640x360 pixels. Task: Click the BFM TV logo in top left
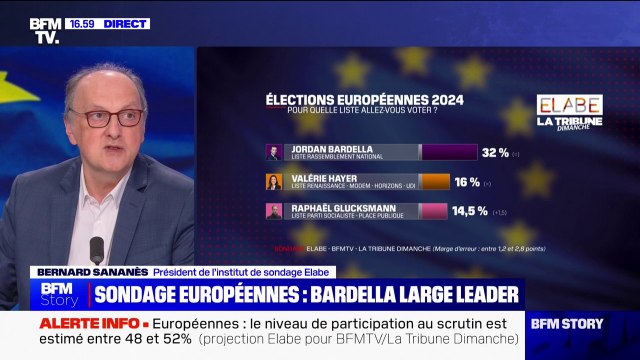tap(43, 29)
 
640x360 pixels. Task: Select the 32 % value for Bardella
tap(496, 152)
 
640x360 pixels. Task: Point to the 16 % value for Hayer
tap(467, 181)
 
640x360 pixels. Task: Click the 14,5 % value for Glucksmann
tap(470, 210)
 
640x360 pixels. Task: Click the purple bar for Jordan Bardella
tap(449, 152)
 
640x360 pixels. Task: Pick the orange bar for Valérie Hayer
tap(435, 181)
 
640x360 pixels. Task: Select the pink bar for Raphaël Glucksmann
tap(432, 210)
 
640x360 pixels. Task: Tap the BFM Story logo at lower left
tap(59, 294)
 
